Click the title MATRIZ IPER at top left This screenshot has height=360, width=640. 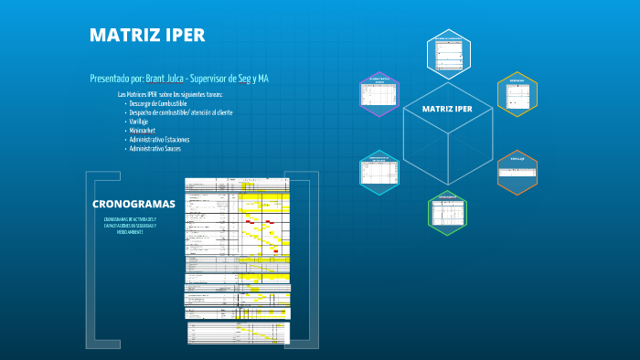pyautogui.click(x=146, y=36)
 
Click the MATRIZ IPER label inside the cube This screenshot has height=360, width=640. pyautogui.click(x=447, y=109)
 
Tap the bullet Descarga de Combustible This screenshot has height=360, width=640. pyautogui.click(x=158, y=103)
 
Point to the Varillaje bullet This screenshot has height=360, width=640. pyautogui.click(x=139, y=121)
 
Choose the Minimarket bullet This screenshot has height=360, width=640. pyautogui.click(x=142, y=130)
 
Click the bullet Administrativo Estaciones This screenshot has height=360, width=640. pyautogui.click(x=159, y=139)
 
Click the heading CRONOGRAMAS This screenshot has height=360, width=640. pyautogui.click(x=133, y=204)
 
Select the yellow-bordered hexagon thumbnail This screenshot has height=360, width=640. pyautogui.click(x=517, y=93)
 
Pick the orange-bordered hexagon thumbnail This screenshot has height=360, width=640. pyautogui.click(x=517, y=173)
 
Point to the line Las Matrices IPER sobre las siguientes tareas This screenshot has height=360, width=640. pyautogui.click(x=170, y=94)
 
